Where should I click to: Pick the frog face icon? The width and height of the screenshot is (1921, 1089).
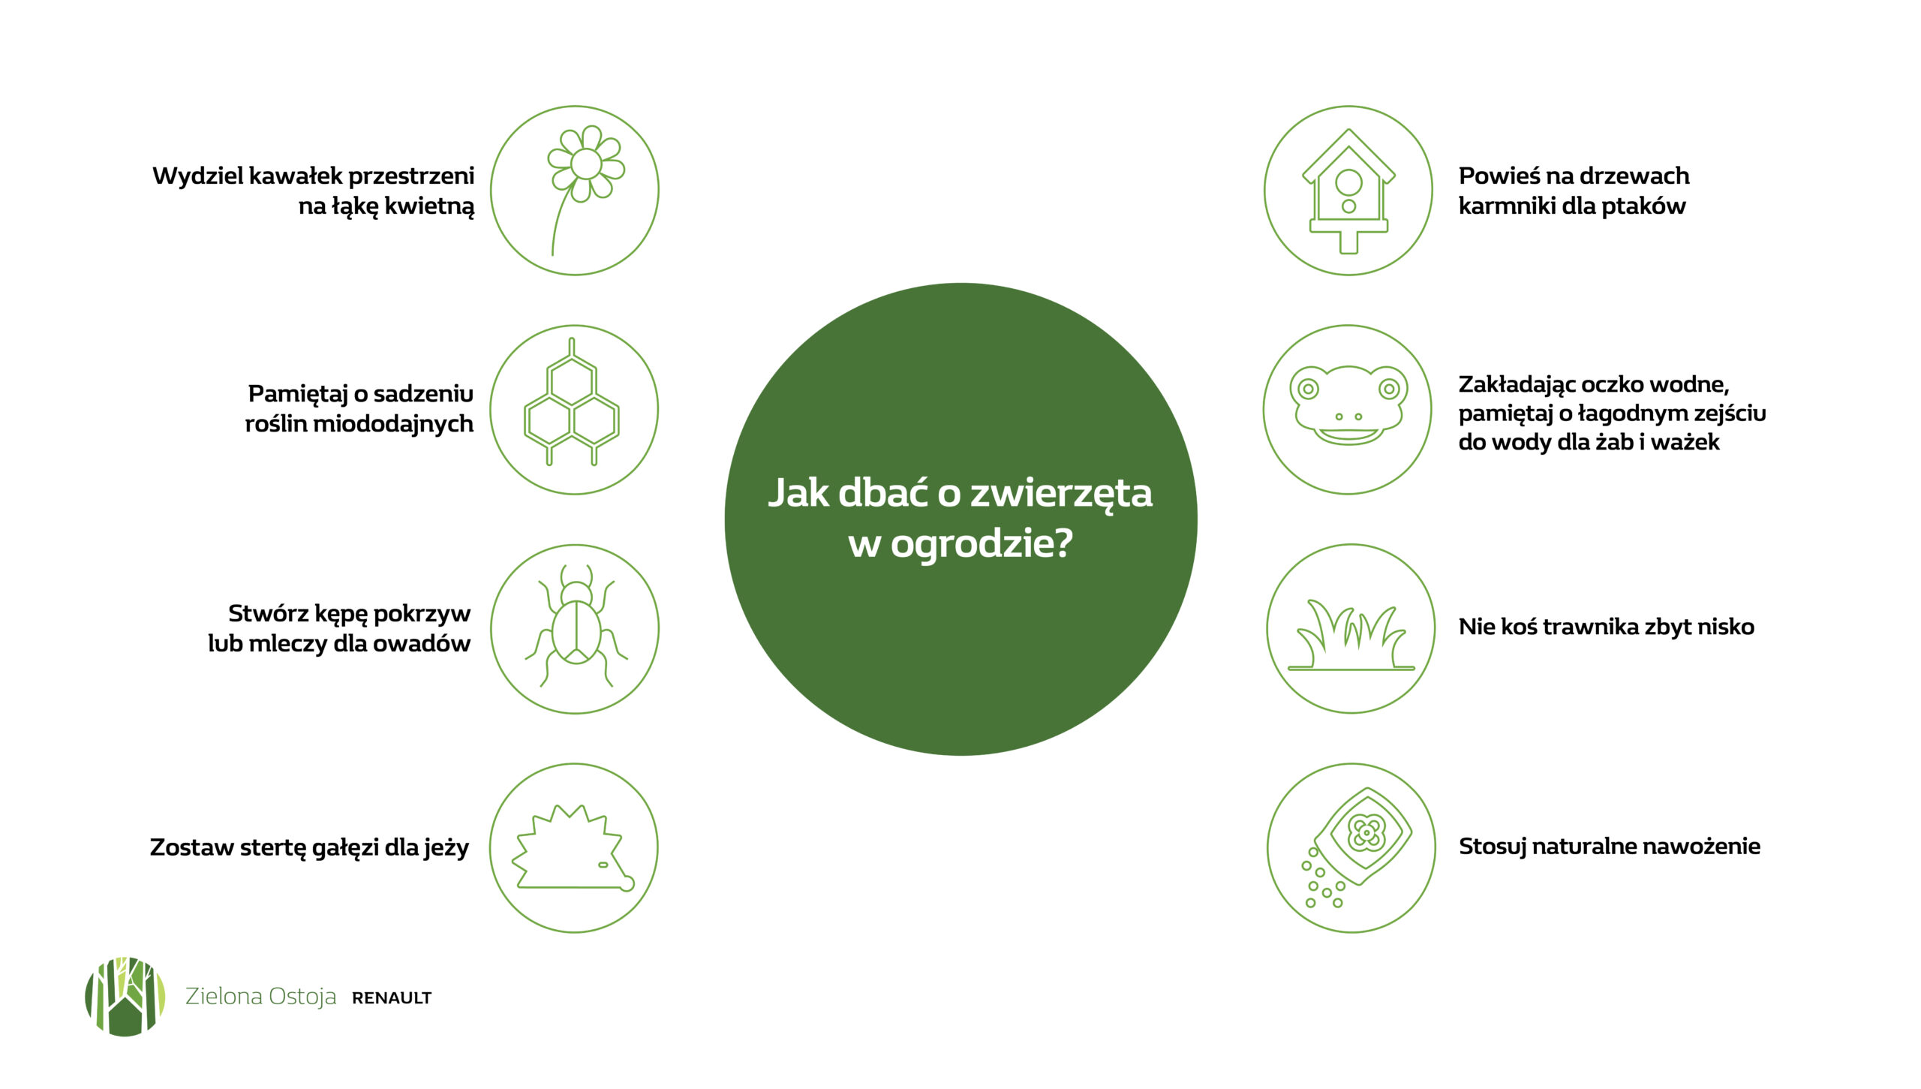click(1348, 405)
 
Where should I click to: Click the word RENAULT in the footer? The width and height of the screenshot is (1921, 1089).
click(392, 998)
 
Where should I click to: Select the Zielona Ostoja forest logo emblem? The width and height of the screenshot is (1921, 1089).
click(125, 997)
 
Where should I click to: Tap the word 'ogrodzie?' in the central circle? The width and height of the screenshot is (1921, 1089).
click(982, 543)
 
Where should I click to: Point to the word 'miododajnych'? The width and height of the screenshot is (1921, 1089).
click(392, 424)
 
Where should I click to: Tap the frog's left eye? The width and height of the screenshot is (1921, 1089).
click(1309, 389)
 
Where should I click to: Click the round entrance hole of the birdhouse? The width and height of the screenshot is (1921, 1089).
click(1348, 182)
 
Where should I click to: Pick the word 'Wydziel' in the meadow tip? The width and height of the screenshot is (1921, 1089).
click(197, 176)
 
